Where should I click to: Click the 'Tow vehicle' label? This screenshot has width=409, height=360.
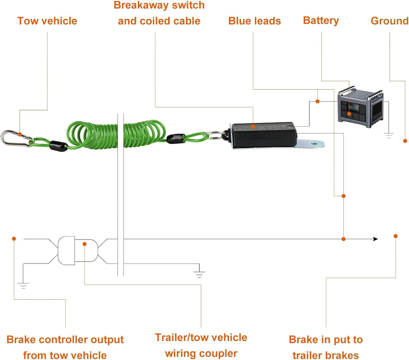coord(47,21)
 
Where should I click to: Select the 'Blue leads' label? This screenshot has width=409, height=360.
coord(254,21)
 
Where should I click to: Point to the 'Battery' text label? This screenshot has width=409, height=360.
coord(321,20)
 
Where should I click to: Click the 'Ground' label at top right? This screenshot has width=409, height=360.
coord(389,21)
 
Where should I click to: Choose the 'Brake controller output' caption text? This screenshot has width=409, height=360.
coord(65,340)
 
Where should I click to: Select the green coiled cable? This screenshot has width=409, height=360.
coord(115,134)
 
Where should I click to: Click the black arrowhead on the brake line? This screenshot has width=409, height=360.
coord(375,239)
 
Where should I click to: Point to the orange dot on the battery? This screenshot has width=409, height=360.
coord(349,114)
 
